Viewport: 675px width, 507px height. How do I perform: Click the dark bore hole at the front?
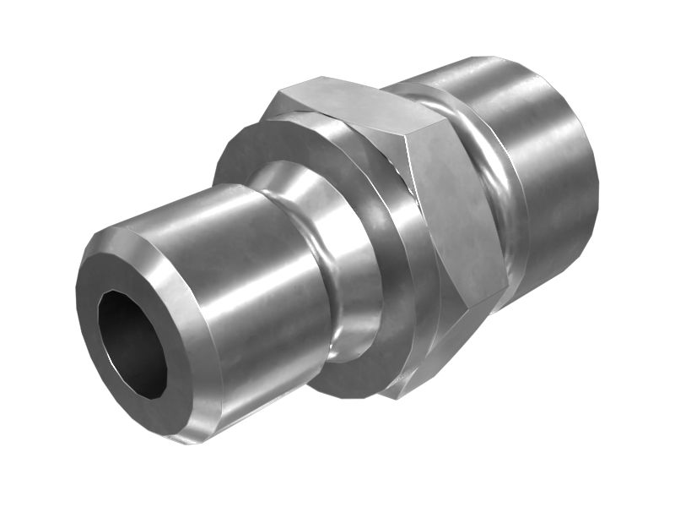(132, 343)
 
